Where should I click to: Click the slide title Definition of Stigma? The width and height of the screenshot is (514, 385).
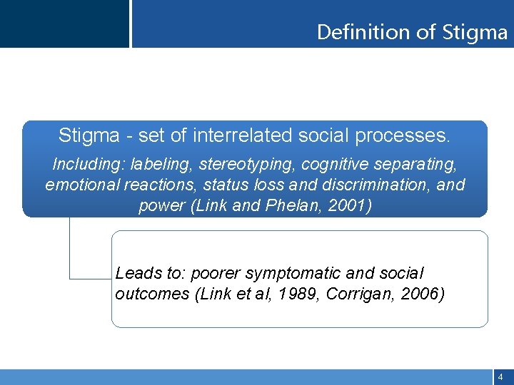point(412,32)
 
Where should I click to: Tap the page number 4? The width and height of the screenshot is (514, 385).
point(500,376)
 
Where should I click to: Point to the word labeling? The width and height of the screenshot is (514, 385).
point(161,164)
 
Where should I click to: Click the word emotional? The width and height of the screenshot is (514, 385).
point(79,185)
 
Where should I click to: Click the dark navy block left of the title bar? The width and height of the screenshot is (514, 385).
point(64,24)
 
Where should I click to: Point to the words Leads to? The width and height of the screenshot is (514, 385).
point(147,273)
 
